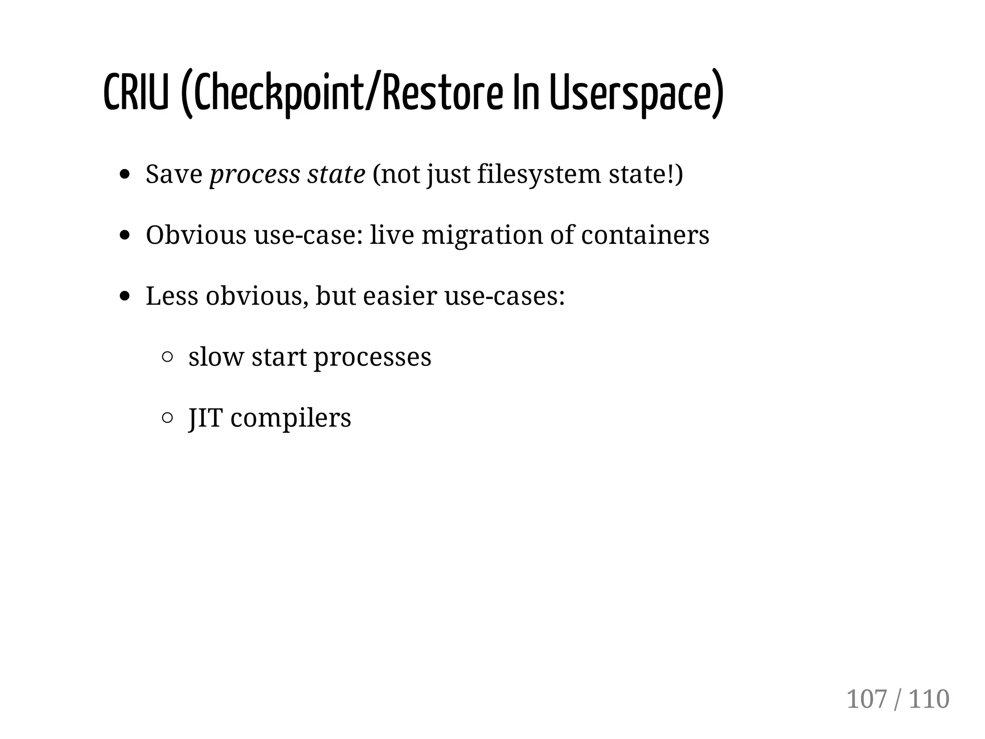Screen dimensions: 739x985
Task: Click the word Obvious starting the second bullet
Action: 196,235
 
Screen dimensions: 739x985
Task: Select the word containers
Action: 645,235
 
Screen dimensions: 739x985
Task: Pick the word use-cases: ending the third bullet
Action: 505,296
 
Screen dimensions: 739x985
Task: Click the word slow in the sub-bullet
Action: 216,357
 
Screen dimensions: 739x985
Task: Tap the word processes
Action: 372,358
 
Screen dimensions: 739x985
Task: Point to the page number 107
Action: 866,699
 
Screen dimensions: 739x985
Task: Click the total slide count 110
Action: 929,699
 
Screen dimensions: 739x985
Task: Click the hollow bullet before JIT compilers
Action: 167,418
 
